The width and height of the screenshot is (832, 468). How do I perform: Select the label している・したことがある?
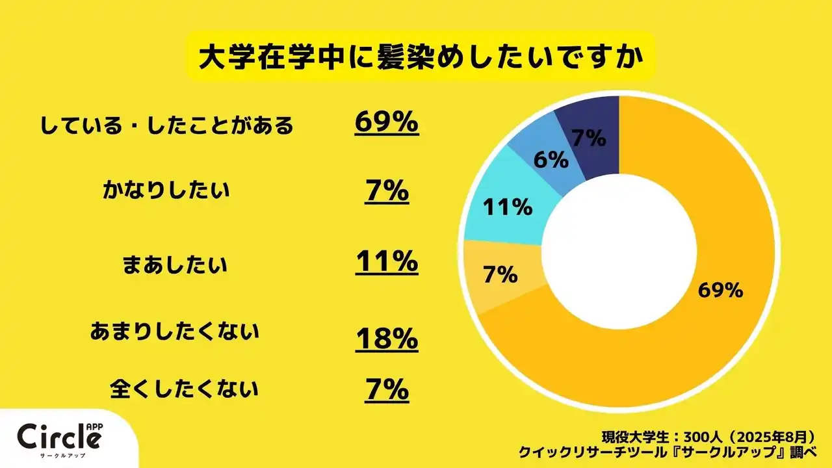167,125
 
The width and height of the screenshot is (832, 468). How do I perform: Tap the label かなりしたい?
166,192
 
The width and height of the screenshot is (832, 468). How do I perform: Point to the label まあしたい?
175,265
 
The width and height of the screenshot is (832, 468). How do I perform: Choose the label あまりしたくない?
174,332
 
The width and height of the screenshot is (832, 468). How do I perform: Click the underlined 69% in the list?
386,122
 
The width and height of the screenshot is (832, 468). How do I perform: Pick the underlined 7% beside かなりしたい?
386,192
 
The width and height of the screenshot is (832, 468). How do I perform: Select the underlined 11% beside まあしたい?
386,262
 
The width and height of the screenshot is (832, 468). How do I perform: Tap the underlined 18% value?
386,339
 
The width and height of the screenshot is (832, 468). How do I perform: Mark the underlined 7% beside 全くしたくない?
386,389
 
